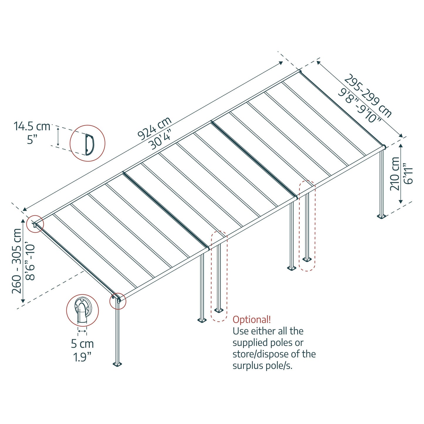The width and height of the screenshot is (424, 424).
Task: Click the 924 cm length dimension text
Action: [x=154, y=128]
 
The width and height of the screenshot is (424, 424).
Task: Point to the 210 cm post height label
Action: [x=395, y=174]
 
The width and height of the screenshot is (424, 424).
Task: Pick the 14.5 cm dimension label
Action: [x=32, y=126]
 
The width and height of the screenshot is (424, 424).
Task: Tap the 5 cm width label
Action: [x=82, y=344]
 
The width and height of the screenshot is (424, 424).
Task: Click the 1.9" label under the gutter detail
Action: [x=82, y=357]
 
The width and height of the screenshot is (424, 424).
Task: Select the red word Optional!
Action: [x=252, y=320]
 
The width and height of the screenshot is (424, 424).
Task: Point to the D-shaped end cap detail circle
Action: [x=87, y=143]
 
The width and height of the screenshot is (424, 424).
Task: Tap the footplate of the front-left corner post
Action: [x=117, y=364]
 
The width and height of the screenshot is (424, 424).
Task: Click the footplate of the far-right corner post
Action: [x=381, y=216]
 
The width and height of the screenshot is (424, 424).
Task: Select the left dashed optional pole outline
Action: [x=219, y=276]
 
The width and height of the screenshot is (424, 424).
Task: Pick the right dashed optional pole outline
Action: [x=307, y=225]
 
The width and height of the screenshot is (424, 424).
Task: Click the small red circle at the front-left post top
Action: [x=118, y=301]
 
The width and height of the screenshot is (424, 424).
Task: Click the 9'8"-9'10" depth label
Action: [x=360, y=105]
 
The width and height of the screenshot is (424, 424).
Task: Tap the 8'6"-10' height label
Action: [x=30, y=261]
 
